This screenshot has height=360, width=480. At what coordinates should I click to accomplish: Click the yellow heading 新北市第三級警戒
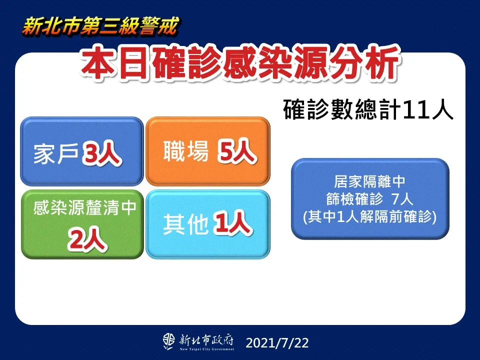coord(100,27)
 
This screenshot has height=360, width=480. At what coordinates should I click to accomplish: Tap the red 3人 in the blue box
coord(101,153)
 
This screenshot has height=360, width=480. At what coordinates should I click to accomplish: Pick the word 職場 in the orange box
coord(186,150)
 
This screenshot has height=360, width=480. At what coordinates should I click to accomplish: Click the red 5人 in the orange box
coord(236,151)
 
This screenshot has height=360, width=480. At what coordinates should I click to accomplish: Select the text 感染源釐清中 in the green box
coord(84,207)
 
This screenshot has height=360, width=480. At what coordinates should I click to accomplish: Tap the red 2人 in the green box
coord(87,239)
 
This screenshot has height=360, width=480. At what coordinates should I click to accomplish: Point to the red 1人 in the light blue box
coord(233,223)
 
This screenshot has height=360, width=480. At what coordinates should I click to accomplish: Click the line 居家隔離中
coord(370,181)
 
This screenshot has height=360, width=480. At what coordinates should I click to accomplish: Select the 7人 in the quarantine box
coord(402,199)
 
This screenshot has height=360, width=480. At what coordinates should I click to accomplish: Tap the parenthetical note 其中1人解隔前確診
coord(370,216)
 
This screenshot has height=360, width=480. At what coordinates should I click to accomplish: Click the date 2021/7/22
coord(277,343)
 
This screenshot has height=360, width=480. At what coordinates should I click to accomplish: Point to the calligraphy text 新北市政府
coord(206,340)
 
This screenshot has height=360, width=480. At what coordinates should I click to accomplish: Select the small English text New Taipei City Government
coord(207,349)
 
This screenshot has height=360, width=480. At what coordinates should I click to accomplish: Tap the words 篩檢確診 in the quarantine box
coord(354,199)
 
